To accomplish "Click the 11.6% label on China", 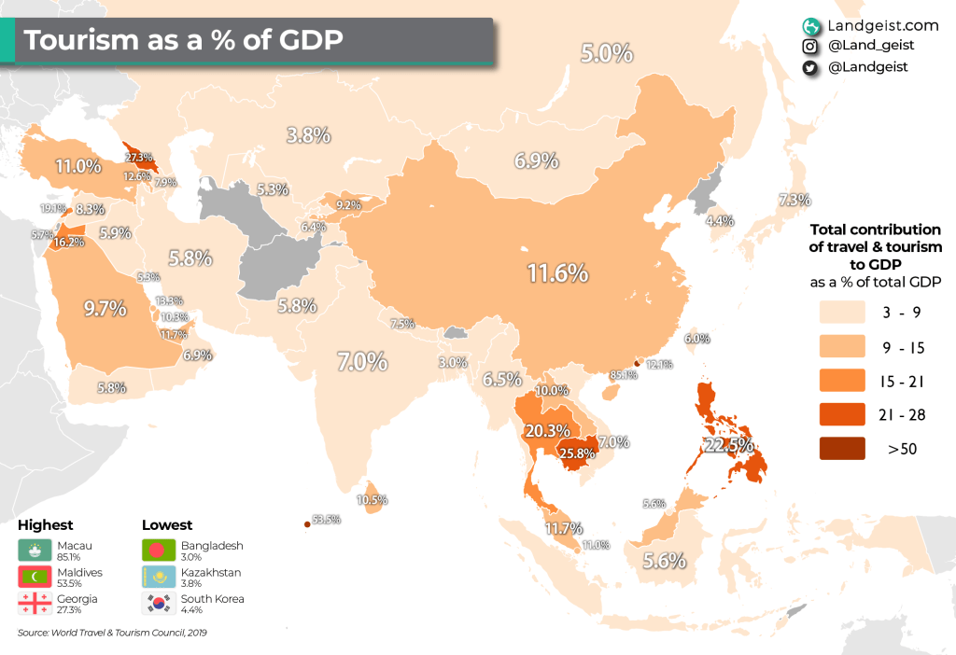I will click(557, 273).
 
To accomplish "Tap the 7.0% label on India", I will click(362, 361).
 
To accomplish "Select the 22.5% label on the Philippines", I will click(728, 446).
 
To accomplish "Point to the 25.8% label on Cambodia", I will click(577, 454).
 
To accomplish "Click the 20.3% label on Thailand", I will click(547, 431).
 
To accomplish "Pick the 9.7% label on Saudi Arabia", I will click(105, 309).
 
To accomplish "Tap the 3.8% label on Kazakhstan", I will click(308, 135).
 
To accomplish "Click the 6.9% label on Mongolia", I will click(536, 160).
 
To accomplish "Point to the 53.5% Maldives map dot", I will click(306, 524).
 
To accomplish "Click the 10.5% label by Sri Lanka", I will click(373, 500).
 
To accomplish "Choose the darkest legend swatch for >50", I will click(845, 449).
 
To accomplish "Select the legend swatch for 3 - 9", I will click(845, 311).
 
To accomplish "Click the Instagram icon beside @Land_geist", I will click(810, 45).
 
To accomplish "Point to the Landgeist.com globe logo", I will click(810, 23).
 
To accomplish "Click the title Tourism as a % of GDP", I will click(182, 40).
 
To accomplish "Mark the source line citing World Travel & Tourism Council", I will click(112, 634).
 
